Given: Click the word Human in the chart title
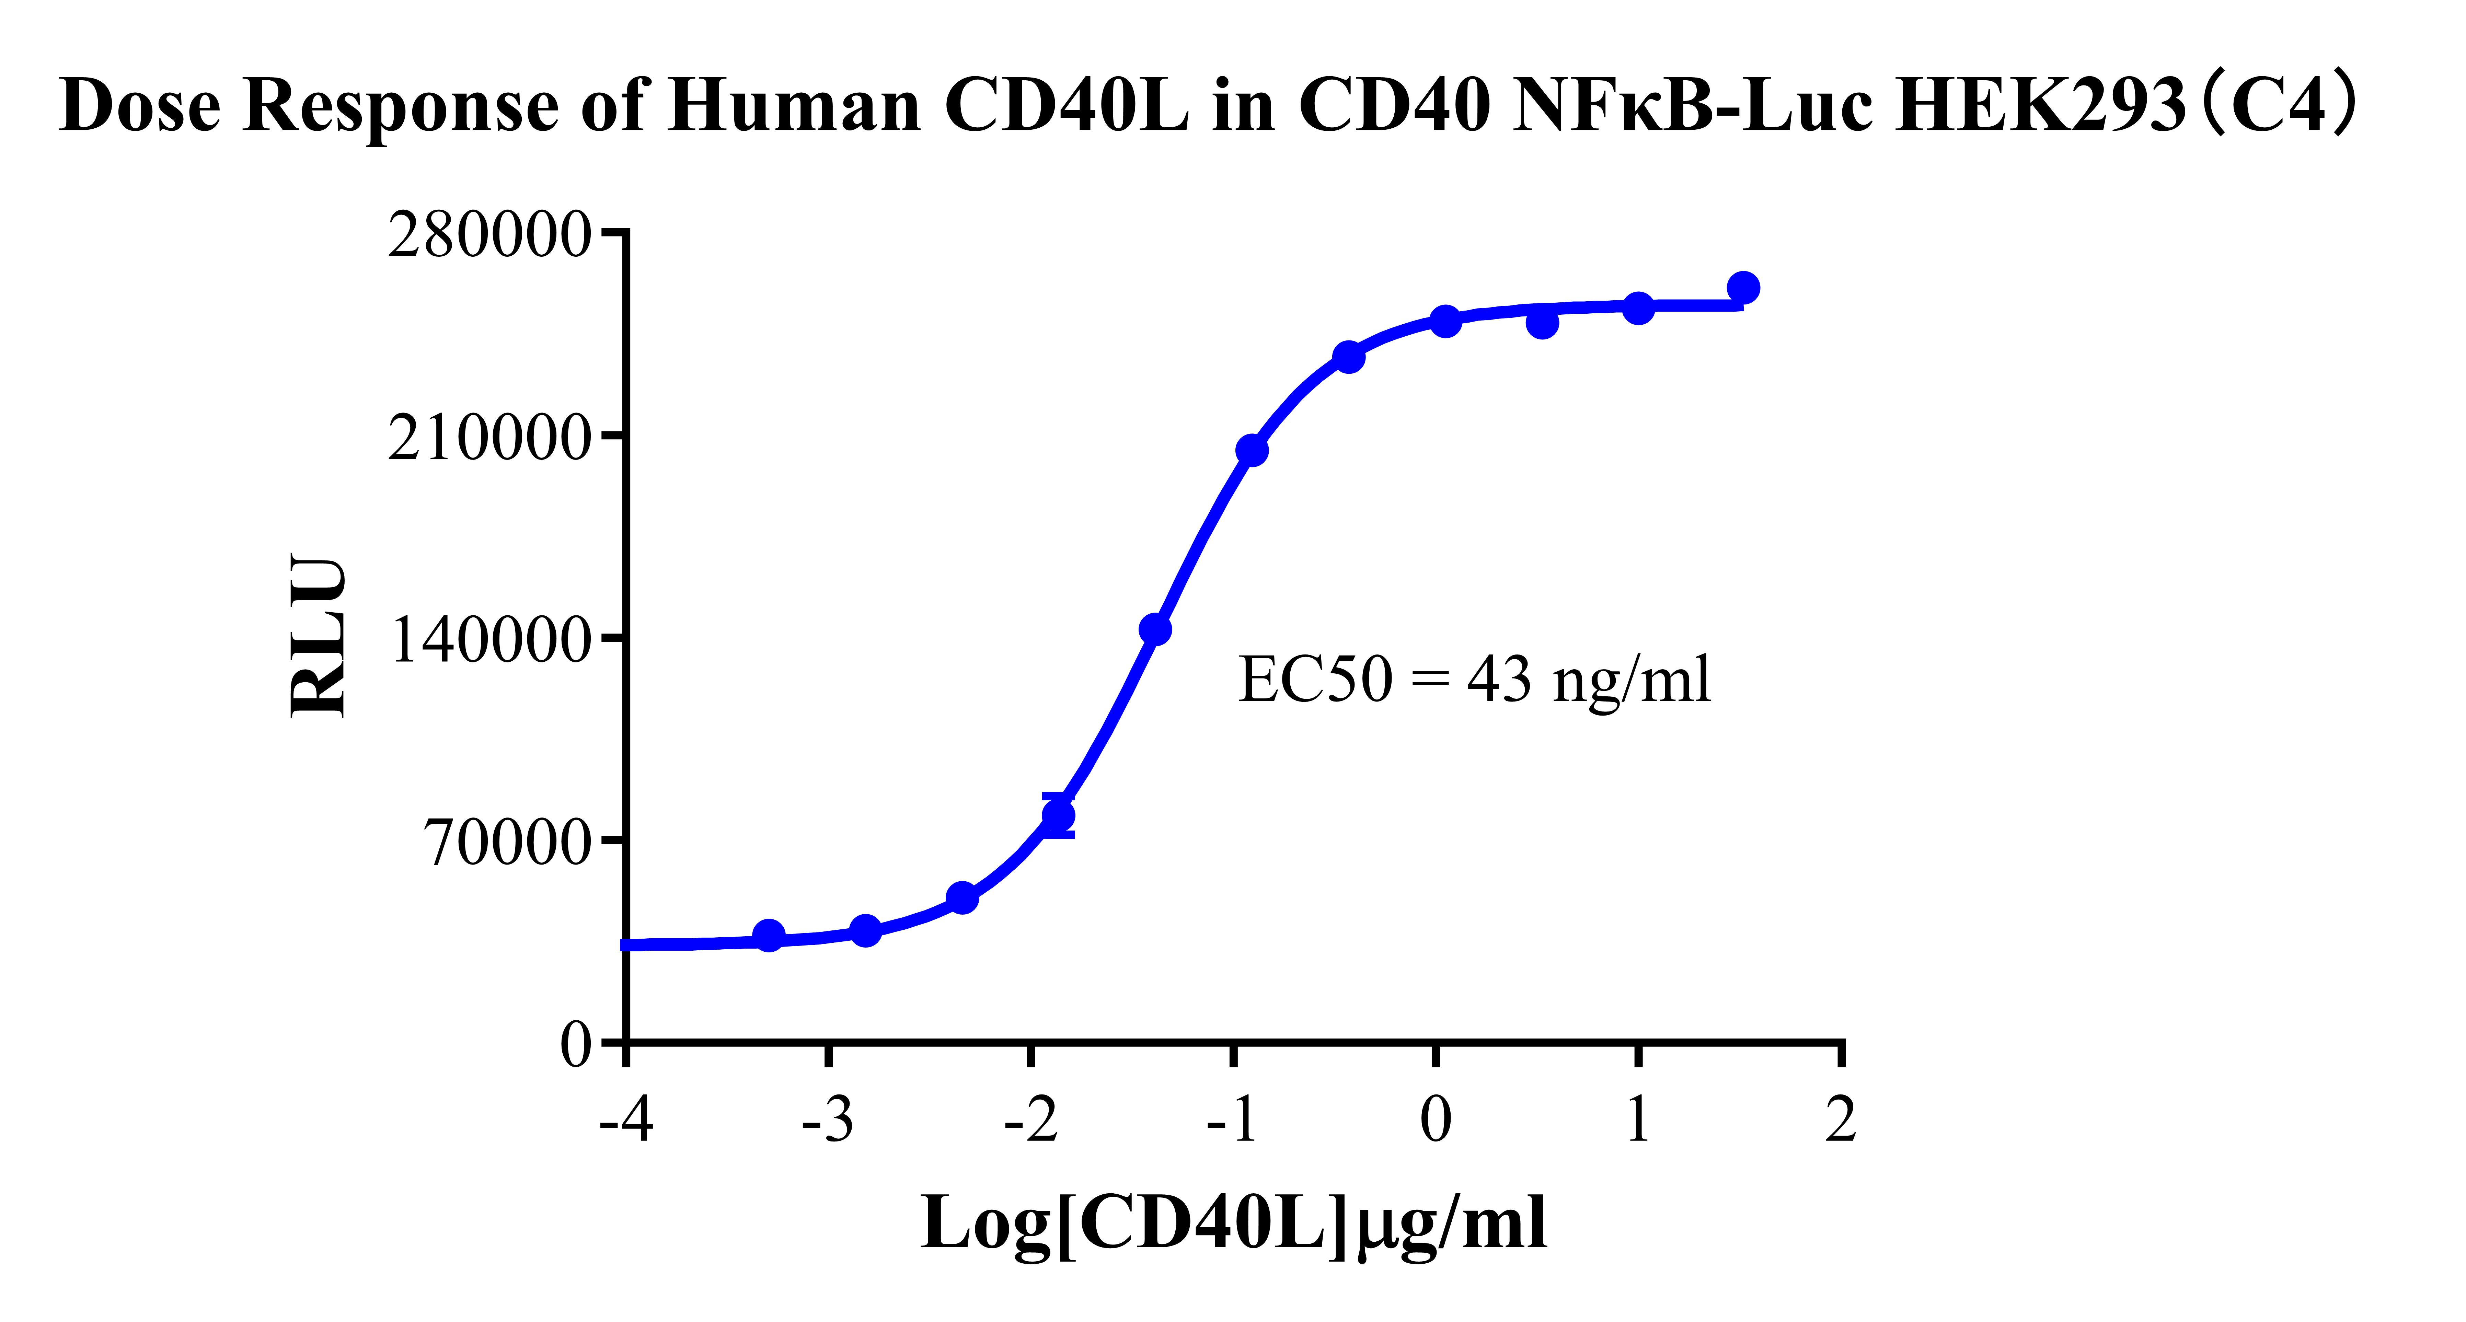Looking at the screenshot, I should [795, 105].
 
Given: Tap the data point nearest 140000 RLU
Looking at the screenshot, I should [1155, 629].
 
